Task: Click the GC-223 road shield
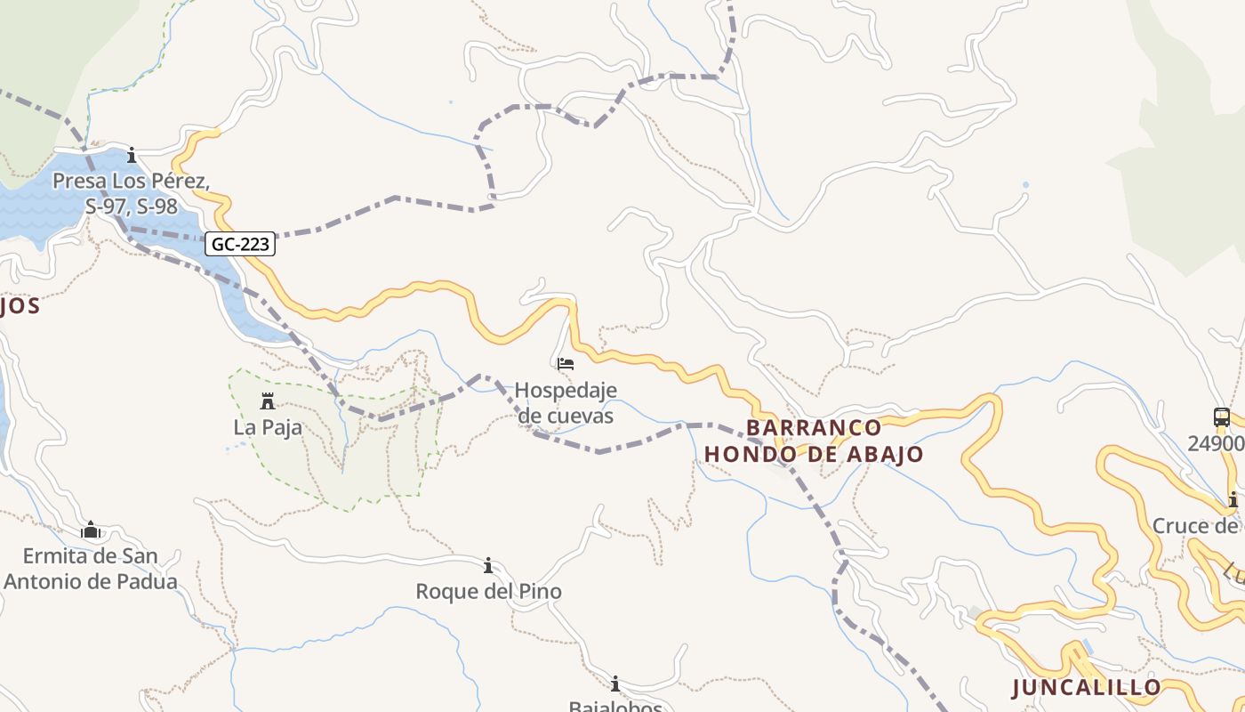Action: [x=240, y=244]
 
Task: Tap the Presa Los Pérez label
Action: [x=131, y=193]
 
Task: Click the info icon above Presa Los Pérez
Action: [x=132, y=156]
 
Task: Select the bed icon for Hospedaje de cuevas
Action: [x=566, y=364]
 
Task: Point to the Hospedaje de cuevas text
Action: [x=566, y=402]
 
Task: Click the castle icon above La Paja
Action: [x=267, y=401]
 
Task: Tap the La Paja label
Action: [x=268, y=428]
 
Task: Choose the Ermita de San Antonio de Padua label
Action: [x=91, y=570]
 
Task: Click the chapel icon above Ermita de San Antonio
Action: [x=91, y=530]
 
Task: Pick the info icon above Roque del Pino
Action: [x=488, y=565]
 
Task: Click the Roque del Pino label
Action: [x=488, y=592]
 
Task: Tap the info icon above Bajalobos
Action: [x=615, y=684]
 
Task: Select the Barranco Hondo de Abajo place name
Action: [x=814, y=441]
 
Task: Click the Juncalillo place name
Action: [x=1087, y=687]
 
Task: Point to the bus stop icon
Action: [x=1222, y=417]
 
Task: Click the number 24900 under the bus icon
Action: [x=1216, y=443]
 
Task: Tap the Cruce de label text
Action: [x=1197, y=526]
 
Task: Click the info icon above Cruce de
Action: [x=1233, y=499]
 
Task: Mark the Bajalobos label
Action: [x=615, y=706]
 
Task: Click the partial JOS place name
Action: [x=20, y=306]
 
